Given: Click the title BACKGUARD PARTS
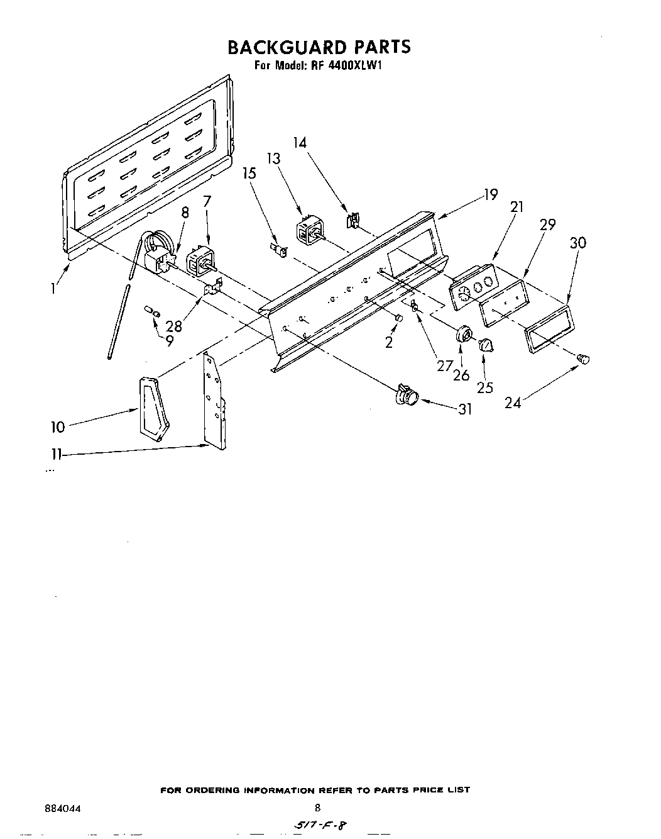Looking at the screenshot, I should point(319,47).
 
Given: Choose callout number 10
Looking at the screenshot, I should point(58,427).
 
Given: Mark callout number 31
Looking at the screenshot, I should point(465,409).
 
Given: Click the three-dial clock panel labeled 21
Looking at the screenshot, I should point(473,286).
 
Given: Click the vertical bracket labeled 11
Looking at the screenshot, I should point(214,403).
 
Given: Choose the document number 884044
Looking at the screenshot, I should point(63,808).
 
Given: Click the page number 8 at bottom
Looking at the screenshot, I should point(317,808).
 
